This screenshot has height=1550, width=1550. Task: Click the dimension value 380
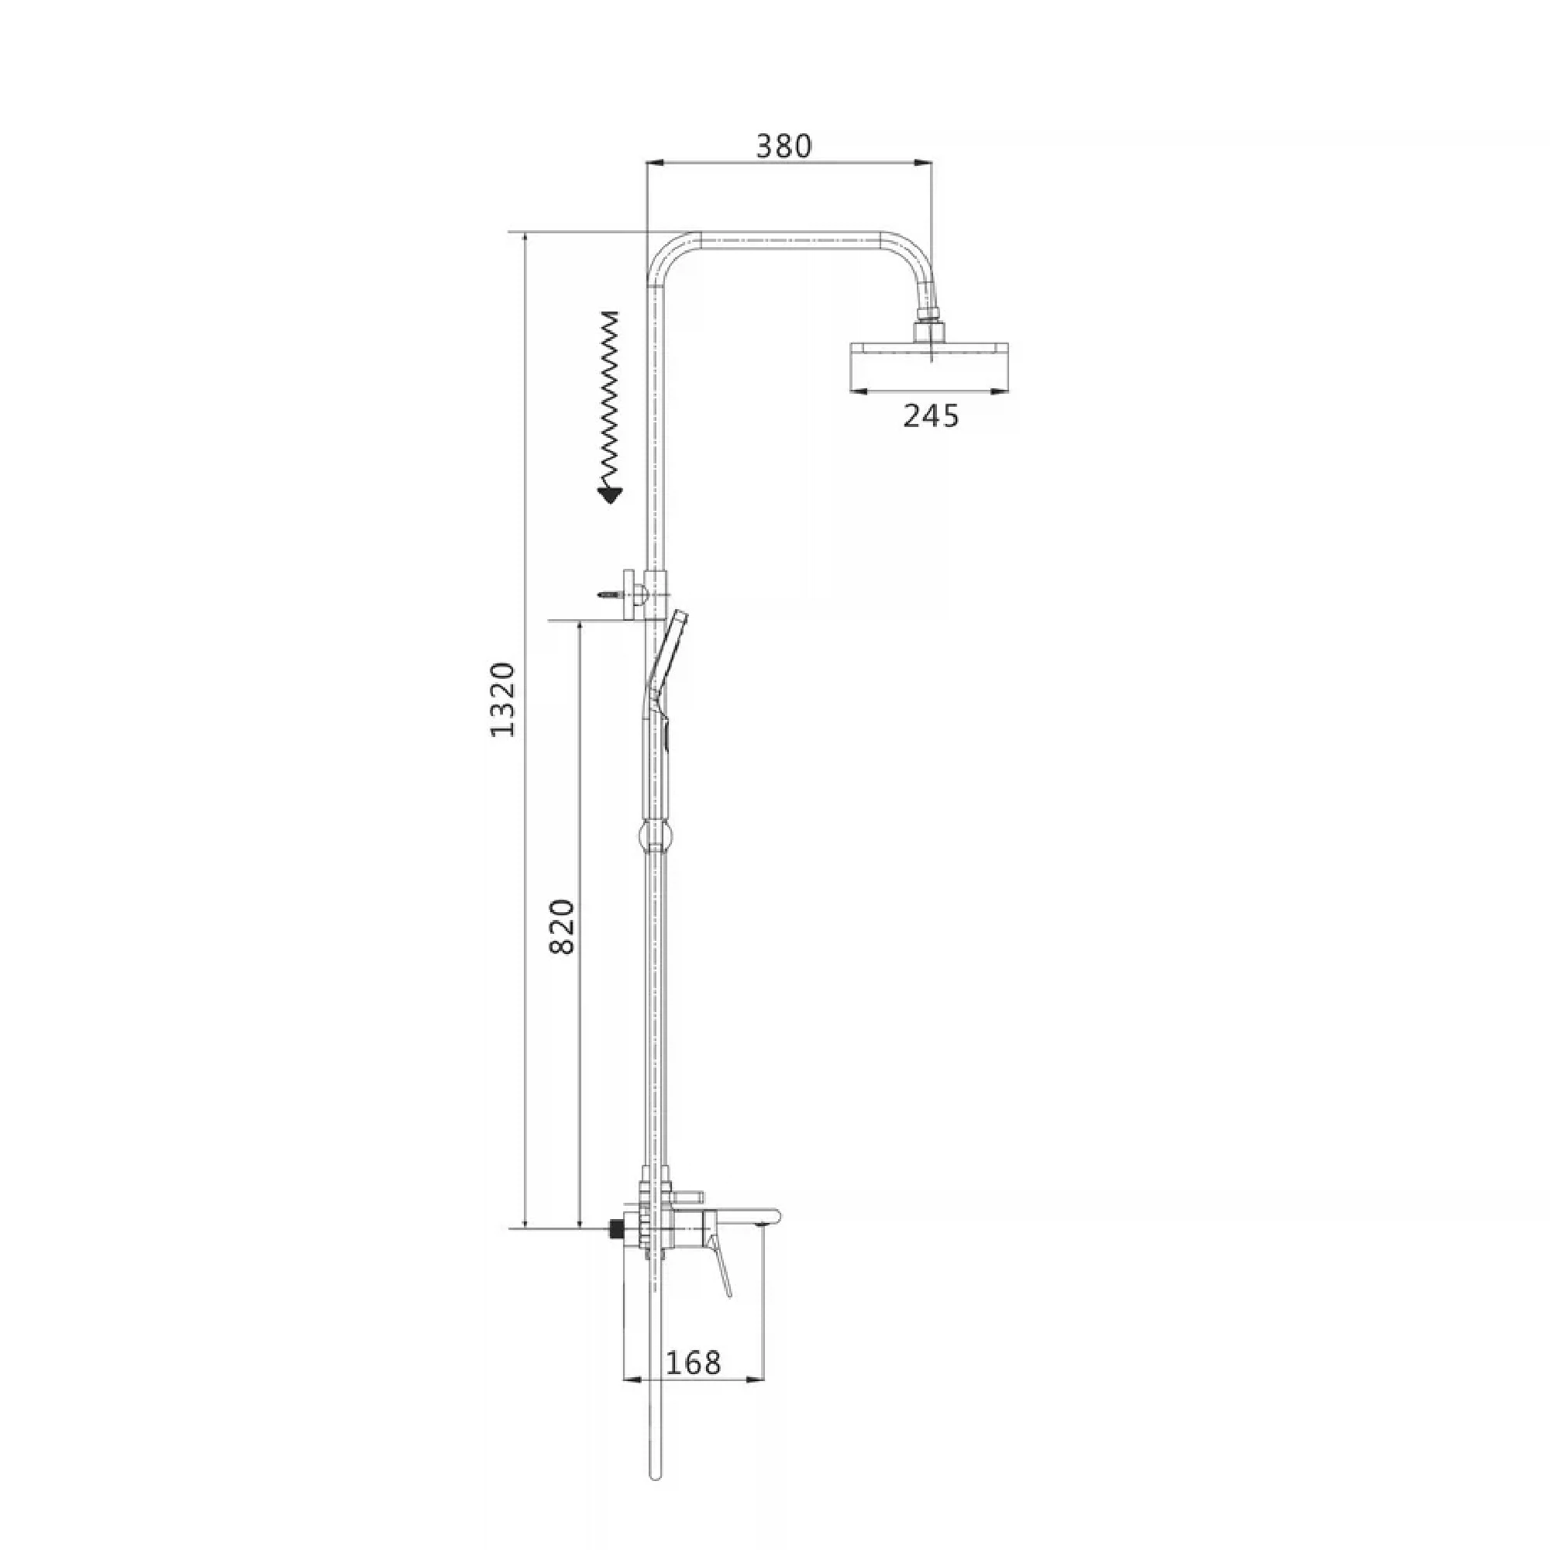pyautogui.click(x=784, y=146)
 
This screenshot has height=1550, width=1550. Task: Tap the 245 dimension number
pyautogui.click(x=932, y=415)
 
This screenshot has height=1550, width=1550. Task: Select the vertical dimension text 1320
pyautogui.click(x=503, y=700)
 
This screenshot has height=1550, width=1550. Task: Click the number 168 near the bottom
pyautogui.click(x=693, y=1362)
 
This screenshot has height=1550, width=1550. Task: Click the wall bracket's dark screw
pyautogui.click(x=609, y=594)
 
